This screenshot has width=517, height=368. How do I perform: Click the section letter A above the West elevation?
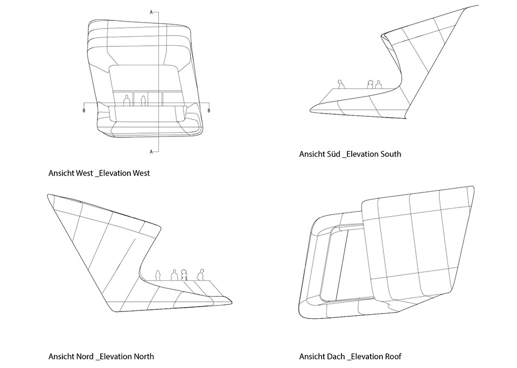[x=151, y=12]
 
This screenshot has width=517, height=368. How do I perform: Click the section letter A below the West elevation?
[x=151, y=152]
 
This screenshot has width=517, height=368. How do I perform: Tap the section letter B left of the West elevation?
[x=84, y=110]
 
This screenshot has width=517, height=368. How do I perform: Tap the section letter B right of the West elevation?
[x=209, y=110]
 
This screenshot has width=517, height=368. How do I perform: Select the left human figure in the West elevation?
[x=126, y=101]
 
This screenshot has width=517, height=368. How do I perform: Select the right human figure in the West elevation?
[x=143, y=101]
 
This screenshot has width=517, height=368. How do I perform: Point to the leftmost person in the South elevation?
[x=341, y=84]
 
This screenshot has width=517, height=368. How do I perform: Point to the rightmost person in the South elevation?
[x=378, y=85]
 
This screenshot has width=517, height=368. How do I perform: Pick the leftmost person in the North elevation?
[x=158, y=275]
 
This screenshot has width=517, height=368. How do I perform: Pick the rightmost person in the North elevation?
[x=200, y=275]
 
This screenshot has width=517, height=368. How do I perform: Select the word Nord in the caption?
[x=85, y=357]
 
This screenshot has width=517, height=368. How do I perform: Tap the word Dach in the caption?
[x=336, y=357]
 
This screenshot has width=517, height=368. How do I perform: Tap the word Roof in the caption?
[x=393, y=357]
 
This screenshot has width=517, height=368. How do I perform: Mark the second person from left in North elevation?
[x=174, y=275]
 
